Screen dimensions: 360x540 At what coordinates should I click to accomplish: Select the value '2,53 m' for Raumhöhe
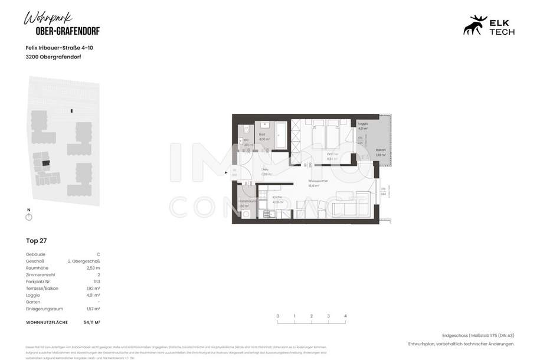coord(94,267)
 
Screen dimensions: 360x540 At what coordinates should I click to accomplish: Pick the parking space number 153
coord(96,281)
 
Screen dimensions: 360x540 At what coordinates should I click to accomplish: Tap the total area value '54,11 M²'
coord(91,322)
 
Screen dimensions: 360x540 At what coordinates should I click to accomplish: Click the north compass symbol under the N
coord(29,217)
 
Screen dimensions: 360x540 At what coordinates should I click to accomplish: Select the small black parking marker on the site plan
coord(71,110)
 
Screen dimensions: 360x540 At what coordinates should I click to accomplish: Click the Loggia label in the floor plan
coord(363,124)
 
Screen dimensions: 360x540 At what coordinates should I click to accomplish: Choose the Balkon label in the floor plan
coord(381,150)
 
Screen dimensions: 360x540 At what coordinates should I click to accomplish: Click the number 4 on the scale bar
coord(345,316)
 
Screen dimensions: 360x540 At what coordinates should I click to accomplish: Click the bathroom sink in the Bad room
coord(264,125)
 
